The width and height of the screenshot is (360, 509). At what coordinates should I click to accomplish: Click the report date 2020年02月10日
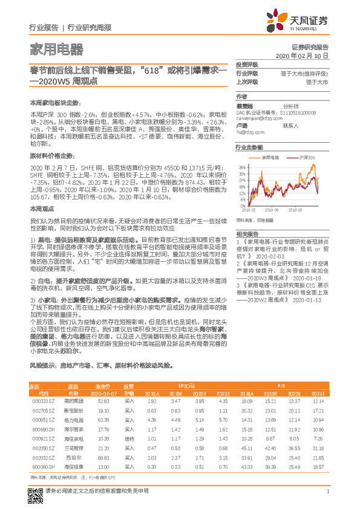(306, 55)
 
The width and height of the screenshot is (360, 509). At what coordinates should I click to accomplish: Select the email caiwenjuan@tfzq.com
(258, 119)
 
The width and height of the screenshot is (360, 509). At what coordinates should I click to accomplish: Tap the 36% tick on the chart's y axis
(242, 166)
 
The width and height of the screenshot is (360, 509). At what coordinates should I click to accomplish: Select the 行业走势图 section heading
(249, 148)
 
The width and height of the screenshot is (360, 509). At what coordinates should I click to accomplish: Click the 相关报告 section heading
(247, 233)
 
